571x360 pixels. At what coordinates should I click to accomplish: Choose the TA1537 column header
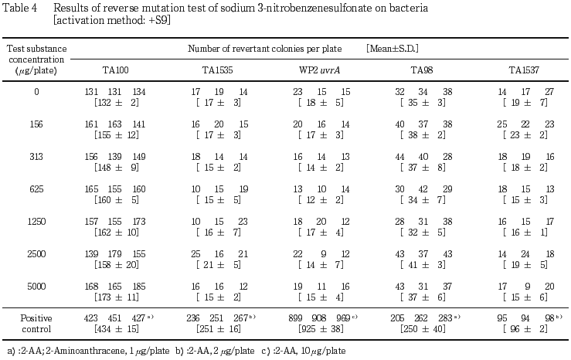(525, 70)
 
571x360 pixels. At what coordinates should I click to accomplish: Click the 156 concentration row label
(36, 124)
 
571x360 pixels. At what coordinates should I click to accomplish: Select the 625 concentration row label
(36, 188)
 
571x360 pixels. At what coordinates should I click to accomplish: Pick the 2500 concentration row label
(36, 253)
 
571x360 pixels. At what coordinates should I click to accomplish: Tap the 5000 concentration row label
(36, 286)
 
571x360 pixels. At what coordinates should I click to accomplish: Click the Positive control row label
(36, 321)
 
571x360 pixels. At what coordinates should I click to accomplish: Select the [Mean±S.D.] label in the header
(393, 49)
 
